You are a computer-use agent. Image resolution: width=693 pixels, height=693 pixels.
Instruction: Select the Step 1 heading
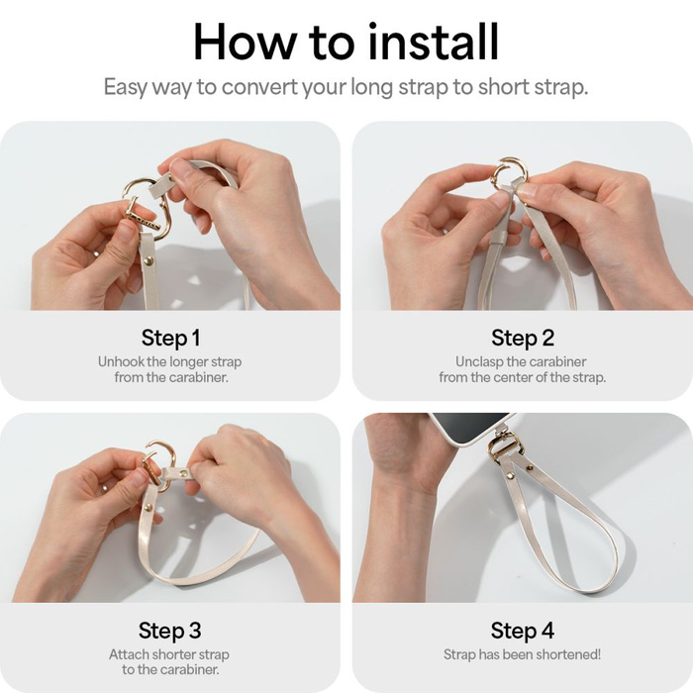[x=170, y=338]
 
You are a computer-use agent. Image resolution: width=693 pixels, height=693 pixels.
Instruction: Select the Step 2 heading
[x=522, y=338]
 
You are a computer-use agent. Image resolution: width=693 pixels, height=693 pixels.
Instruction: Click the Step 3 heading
[x=170, y=630]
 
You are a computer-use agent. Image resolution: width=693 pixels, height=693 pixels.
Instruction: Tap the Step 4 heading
[x=522, y=630]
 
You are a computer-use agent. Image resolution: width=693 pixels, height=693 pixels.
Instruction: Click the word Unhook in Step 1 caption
[x=122, y=361]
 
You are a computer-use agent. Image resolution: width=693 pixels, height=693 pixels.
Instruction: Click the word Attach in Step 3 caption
[x=130, y=654]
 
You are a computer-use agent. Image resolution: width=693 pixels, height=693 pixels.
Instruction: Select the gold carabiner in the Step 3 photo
[x=158, y=460]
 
